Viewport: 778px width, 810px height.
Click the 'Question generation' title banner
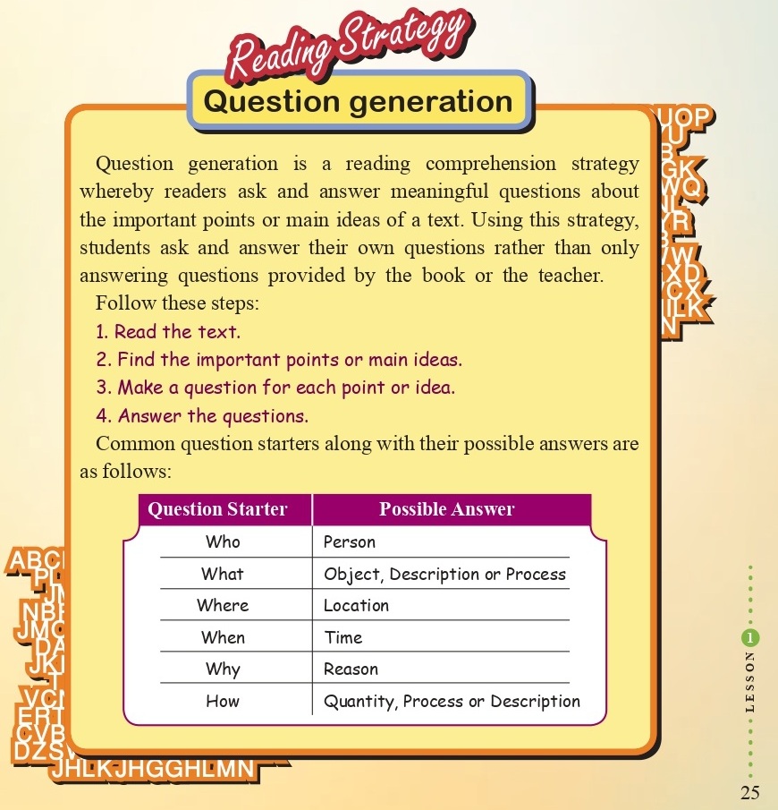(x=358, y=101)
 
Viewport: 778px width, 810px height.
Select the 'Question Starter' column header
(x=217, y=509)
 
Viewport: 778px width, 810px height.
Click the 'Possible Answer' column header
(x=447, y=509)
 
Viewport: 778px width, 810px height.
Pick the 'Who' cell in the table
(x=223, y=541)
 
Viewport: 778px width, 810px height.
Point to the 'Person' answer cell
(x=350, y=541)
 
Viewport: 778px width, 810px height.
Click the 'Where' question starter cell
(x=223, y=605)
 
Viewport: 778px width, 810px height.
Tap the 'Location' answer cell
(x=356, y=605)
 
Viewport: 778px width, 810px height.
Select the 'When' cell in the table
(x=223, y=637)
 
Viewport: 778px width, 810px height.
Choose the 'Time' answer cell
(x=343, y=637)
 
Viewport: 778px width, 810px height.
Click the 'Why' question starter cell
(x=223, y=669)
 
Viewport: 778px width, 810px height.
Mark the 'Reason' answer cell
(x=351, y=669)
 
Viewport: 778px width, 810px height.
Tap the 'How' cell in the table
(x=223, y=701)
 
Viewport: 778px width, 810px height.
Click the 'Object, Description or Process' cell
(x=444, y=574)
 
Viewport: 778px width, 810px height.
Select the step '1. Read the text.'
(x=168, y=331)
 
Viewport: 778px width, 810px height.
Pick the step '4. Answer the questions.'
(x=202, y=415)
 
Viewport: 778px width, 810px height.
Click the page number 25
(x=749, y=792)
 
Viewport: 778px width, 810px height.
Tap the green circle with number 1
(x=749, y=637)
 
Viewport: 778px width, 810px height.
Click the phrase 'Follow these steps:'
(x=177, y=303)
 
